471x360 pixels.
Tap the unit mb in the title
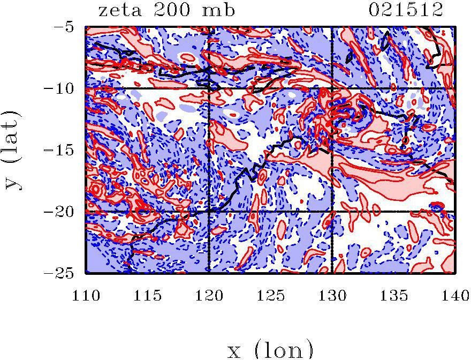tap(219, 10)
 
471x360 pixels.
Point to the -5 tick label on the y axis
tap(67, 26)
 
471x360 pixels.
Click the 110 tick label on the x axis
tap(86, 295)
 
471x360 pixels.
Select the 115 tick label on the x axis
tap(147, 295)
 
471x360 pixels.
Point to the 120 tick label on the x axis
tap(209, 295)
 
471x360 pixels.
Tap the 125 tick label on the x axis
tap(270, 295)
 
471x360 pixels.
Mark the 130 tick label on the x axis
tap(332, 295)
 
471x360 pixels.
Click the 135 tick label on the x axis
tap(393, 295)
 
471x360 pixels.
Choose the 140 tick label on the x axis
tap(454, 295)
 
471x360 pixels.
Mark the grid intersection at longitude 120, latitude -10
tap(209, 88)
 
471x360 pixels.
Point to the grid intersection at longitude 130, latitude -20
tap(332, 212)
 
